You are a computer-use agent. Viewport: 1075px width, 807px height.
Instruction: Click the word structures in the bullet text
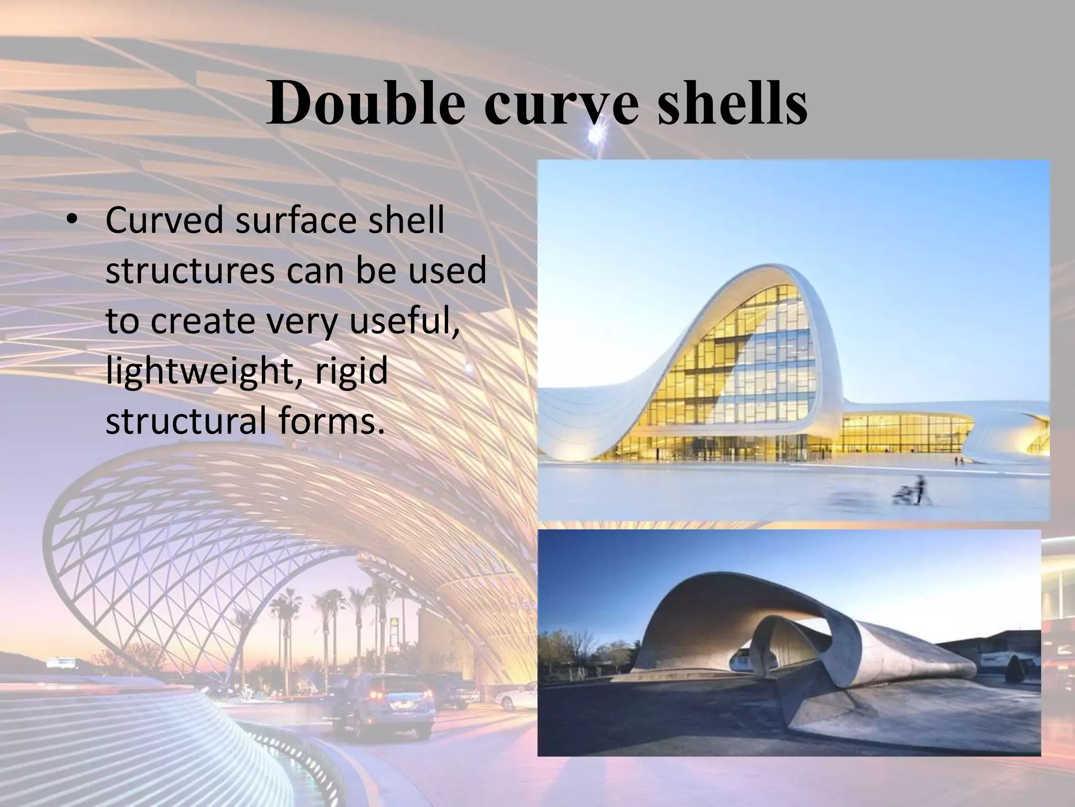pos(190,271)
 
